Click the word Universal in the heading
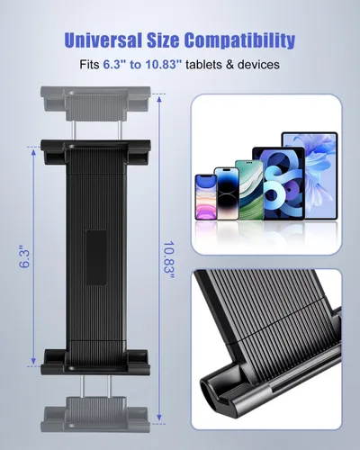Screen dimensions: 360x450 [x=103, y=40]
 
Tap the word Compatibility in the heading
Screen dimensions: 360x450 [x=239, y=40]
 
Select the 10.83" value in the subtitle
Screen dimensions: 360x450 [x=164, y=65]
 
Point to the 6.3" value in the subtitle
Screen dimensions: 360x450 [x=114, y=65]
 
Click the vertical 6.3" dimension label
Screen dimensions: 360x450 [x=24, y=256]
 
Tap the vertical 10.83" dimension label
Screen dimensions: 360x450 [x=169, y=260]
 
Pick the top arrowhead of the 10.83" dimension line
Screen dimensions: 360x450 [x=159, y=99]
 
